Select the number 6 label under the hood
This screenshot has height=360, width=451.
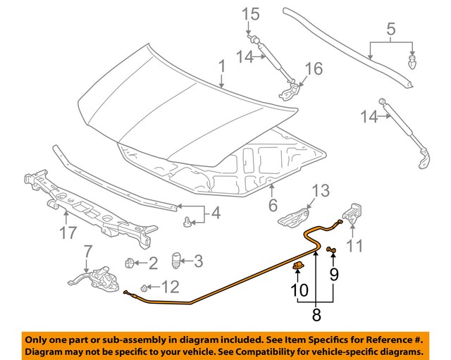click(272, 206)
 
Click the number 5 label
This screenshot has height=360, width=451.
click(391, 30)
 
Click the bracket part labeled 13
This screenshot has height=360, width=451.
click(296, 214)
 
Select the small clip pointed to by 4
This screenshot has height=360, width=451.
click(186, 223)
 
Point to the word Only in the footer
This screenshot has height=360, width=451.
click(40, 337)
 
